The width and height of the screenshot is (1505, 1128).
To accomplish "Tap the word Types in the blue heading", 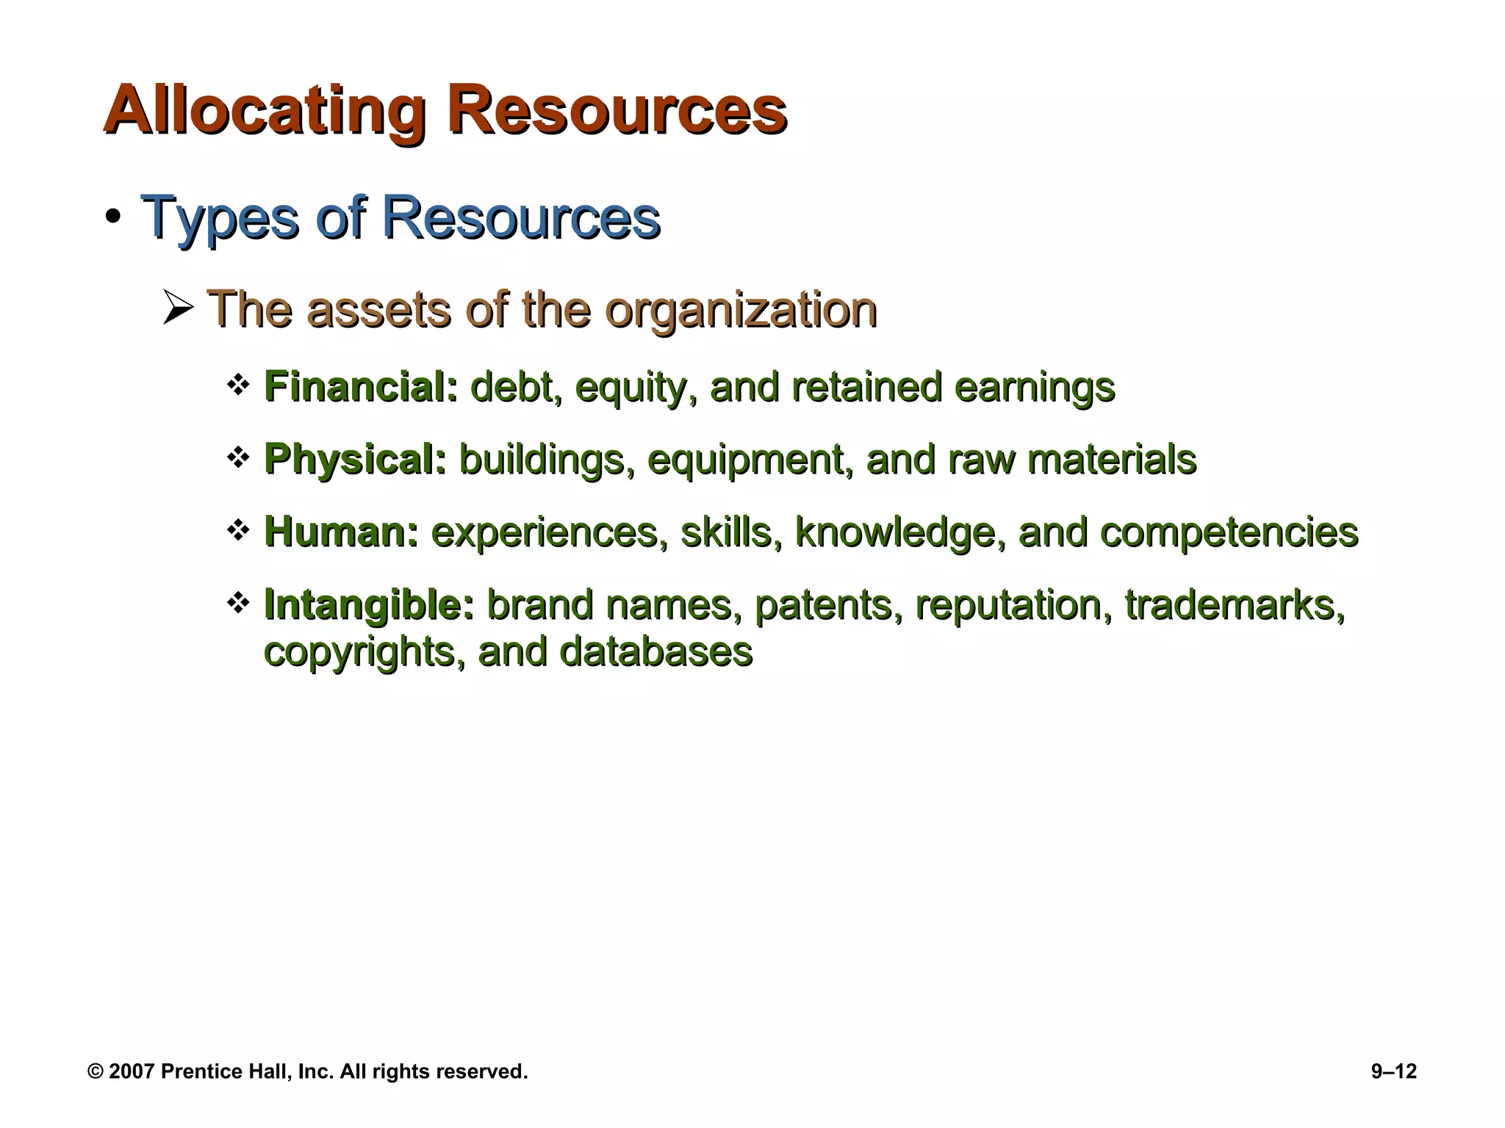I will (219, 218).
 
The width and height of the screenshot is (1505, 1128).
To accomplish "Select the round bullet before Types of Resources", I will (112, 218).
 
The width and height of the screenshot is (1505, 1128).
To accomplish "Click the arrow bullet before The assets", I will (177, 308).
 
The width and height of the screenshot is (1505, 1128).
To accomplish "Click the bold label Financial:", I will (360, 386).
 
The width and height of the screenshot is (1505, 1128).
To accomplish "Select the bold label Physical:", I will (355, 460).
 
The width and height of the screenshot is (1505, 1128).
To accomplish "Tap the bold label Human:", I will (341, 532).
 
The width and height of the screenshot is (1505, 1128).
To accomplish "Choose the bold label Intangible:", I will (369, 605).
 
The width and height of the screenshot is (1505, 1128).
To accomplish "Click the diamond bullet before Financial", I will (237, 385).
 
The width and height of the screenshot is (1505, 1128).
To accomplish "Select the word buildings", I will (546, 460).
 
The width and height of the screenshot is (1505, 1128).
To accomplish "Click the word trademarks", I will (1235, 605).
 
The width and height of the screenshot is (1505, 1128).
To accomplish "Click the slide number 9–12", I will (1393, 1071).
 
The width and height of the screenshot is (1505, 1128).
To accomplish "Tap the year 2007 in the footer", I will (132, 1071).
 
